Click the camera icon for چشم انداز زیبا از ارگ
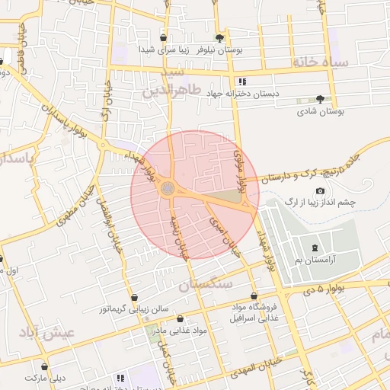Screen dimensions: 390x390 [320, 190]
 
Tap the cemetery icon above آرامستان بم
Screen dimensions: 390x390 [315, 248]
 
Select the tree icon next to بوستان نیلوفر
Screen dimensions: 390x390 [220, 37]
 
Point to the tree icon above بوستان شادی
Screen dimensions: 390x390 [320, 99]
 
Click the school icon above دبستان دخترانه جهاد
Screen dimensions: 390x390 [242, 81]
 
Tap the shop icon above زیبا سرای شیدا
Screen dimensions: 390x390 [163, 37]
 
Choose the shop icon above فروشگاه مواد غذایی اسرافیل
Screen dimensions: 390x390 [254, 296]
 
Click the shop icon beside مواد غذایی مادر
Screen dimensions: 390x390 [180, 319]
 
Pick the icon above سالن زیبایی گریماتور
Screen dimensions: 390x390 [135, 297]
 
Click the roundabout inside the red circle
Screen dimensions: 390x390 [168, 188]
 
